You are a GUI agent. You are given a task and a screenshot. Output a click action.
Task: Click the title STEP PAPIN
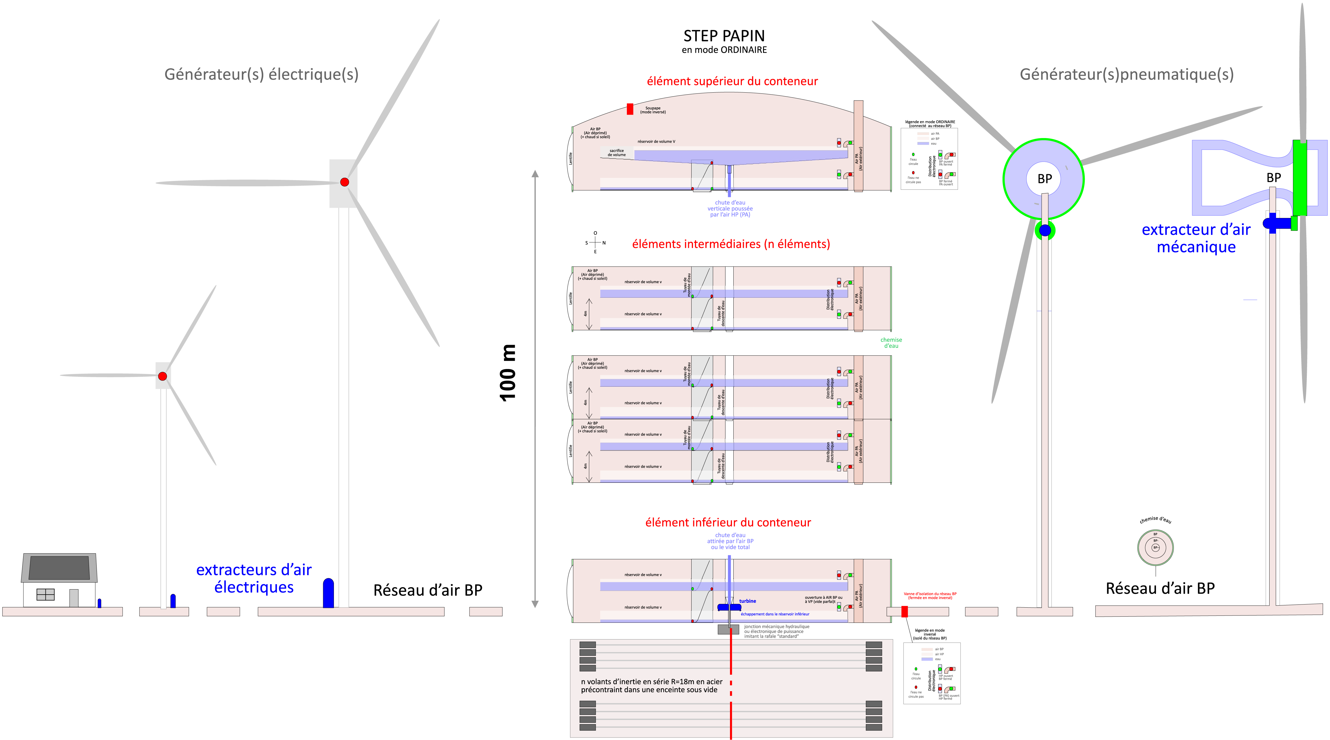coord(724,36)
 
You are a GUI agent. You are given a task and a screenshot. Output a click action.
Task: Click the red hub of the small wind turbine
coord(163,376)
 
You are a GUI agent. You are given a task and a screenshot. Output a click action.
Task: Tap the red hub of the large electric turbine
coord(344,182)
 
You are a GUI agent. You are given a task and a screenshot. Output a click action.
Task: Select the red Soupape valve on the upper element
coord(630,109)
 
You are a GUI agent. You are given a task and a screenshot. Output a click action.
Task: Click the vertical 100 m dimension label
coord(508,373)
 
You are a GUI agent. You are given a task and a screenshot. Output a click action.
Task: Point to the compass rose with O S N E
coord(595,243)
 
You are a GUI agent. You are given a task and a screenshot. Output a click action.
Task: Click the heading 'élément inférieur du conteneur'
coord(728,522)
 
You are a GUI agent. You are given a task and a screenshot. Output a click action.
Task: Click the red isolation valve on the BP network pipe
coord(905,612)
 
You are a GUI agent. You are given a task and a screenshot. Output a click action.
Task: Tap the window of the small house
coord(45,595)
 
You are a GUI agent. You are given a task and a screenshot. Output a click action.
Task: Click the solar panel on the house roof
coord(59,568)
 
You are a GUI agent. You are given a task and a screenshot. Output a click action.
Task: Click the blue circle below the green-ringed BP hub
coord(1045,230)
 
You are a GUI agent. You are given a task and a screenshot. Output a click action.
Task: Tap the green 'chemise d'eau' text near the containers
coord(891,343)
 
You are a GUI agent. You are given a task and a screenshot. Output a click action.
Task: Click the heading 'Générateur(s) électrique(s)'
coord(261,74)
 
